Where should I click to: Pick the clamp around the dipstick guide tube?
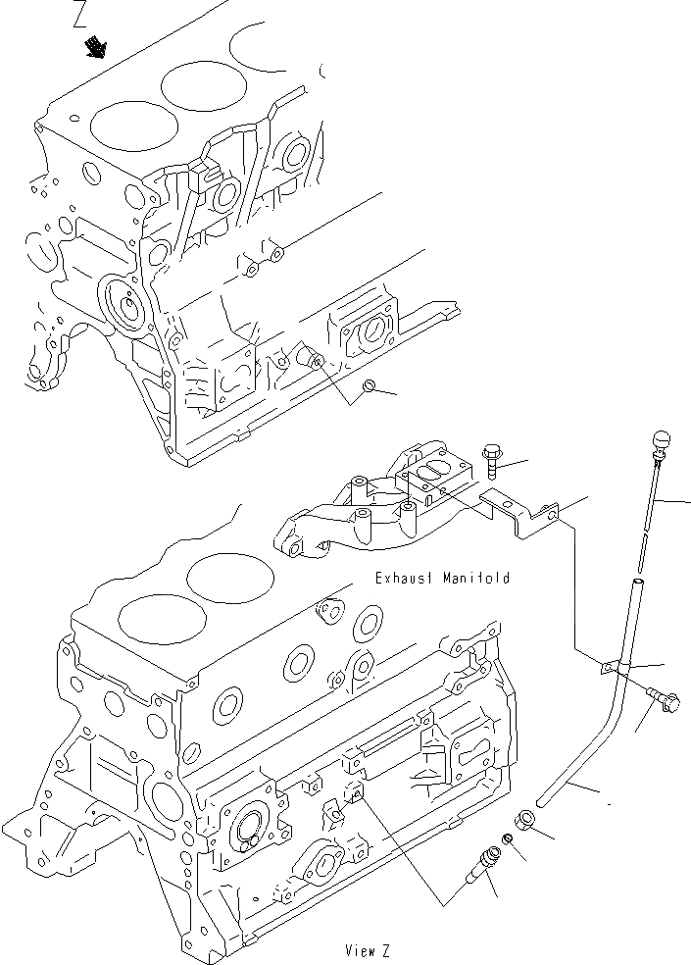612,667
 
